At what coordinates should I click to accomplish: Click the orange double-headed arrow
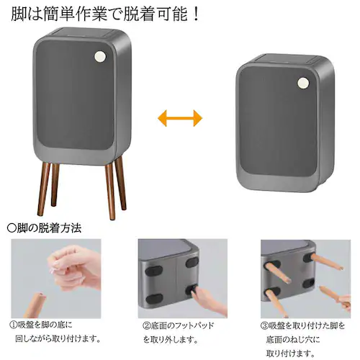pos(179,117)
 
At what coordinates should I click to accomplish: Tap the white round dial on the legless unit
pos(303,83)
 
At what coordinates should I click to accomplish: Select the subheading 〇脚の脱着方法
pos(44,228)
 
